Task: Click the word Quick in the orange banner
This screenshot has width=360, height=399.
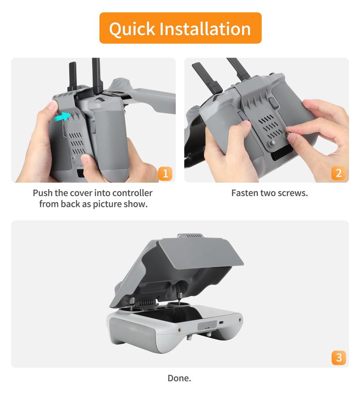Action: [x=131, y=29]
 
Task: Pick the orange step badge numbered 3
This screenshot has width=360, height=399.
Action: [x=338, y=357]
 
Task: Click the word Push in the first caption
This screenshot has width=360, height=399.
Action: [x=42, y=193]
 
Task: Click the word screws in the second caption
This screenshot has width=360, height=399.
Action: [x=293, y=193]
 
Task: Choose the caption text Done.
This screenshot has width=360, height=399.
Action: [x=179, y=378]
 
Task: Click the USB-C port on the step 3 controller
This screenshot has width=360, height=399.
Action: [x=222, y=323]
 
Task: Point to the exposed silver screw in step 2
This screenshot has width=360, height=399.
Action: [x=273, y=143]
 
